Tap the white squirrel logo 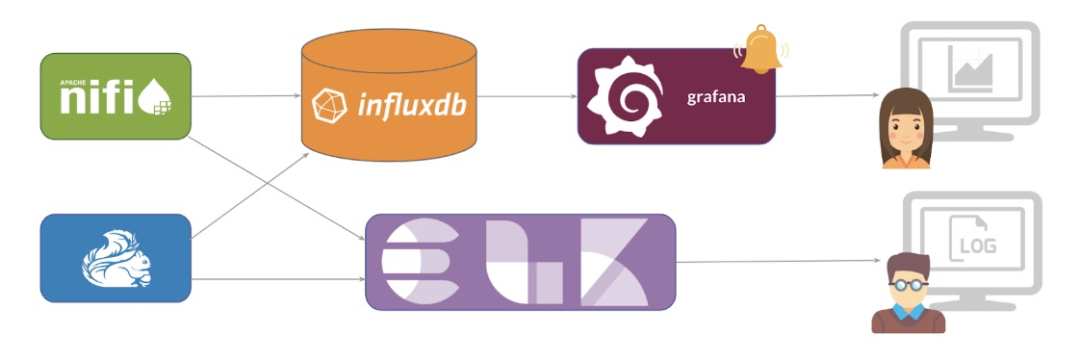pos(115,257)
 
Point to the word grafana pos(717,97)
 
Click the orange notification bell pos(761,50)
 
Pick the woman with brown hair pos(907,128)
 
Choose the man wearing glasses pos(908,293)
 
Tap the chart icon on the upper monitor pos(968,69)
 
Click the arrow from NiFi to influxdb pos(246,96)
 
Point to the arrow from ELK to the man pos(780,262)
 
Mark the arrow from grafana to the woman pos(828,96)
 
